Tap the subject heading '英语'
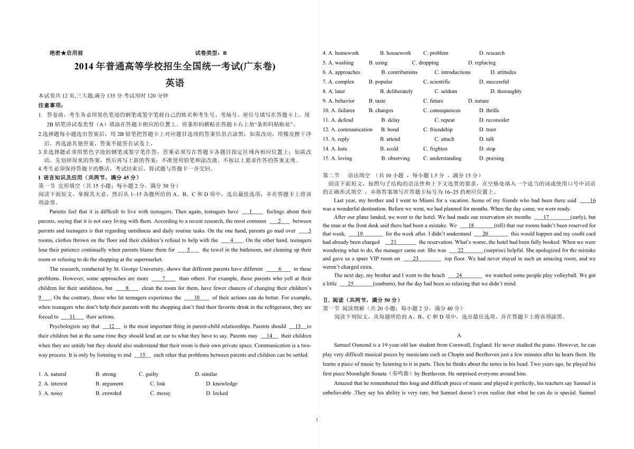[x=175, y=83]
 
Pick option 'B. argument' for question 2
[x=109, y=383]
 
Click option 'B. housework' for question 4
[x=395, y=53]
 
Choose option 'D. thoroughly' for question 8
[x=500, y=91]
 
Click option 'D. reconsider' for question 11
[x=494, y=120]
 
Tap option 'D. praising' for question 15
[x=491, y=158]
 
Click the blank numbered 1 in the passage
[x=252, y=212]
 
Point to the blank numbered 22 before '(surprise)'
[x=460, y=250]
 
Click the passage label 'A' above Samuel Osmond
[x=459, y=335]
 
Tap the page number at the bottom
[x=316, y=420]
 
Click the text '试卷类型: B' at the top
[x=210, y=53]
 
